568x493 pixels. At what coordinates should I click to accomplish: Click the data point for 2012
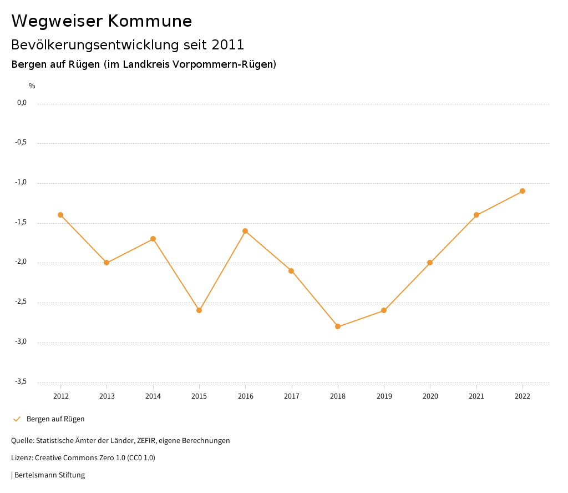60,215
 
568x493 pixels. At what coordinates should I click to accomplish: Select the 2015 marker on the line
199,310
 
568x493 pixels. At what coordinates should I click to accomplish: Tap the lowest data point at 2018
338,326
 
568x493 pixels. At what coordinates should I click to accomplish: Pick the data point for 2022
523,191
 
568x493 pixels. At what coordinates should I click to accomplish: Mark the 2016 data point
245,231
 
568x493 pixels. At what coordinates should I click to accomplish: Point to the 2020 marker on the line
430,263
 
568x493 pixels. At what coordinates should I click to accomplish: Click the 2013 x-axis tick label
107,396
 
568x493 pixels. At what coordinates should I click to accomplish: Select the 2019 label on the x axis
384,396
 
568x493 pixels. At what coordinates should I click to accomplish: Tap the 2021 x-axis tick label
476,396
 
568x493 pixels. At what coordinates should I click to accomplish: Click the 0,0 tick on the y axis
22,103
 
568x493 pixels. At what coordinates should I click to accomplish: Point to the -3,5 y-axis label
21,381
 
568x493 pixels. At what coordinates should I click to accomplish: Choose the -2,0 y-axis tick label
21,262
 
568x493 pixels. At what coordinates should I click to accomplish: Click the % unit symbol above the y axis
32,85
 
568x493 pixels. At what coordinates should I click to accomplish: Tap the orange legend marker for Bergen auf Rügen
17,419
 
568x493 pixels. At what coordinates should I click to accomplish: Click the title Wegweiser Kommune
102,21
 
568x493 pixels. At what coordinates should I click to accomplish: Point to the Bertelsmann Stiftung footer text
49,475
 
